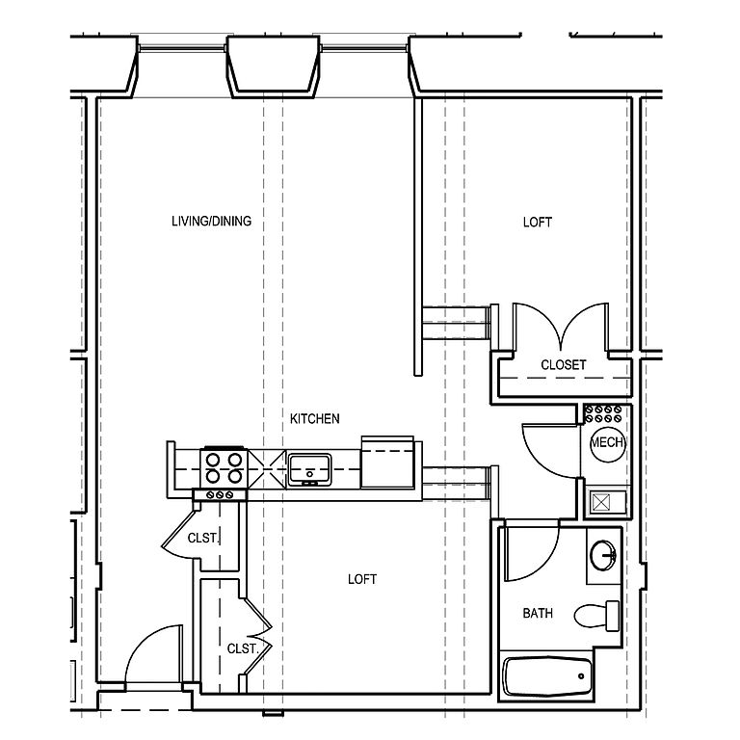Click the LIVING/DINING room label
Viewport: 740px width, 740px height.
click(x=211, y=221)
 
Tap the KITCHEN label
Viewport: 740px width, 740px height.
click(x=315, y=418)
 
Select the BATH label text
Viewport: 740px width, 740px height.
click(x=538, y=613)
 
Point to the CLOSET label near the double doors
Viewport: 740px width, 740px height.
click(x=564, y=365)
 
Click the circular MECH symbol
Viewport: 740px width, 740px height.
click(x=608, y=442)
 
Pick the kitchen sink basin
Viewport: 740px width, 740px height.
click(x=309, y=469)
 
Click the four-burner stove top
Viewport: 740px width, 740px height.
click(x=225, y=468)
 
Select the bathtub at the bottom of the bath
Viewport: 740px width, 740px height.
click(x=547, y=676)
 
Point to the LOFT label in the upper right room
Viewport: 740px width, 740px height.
click(x=538, y=223)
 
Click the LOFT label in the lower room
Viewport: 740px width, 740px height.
click(x=362, y=579)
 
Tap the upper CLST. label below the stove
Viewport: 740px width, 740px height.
click(x=203, y=538)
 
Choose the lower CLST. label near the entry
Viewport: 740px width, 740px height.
click(x=243, y=648)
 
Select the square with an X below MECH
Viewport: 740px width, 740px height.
click(x=601, y=502)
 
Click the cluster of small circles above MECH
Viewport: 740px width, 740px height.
click(x=602, y=413)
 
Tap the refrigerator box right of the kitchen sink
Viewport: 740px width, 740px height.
click(x=387, y=462)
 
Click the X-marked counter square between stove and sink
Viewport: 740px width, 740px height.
click(x=268, y=468)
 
